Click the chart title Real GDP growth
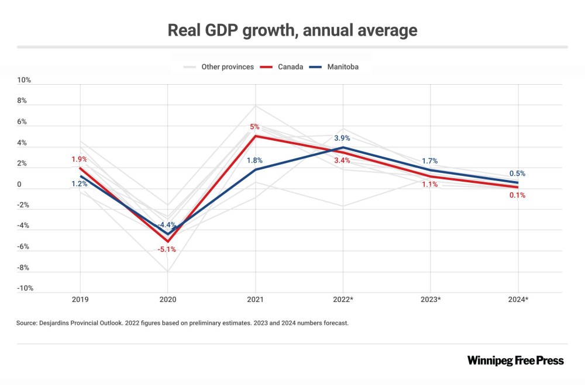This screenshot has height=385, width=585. [x=292, y=30]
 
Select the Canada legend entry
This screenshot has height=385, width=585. [x=290, y=67]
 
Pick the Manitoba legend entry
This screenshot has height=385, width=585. [x=342, y=67]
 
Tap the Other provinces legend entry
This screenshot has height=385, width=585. [x=227, y=67]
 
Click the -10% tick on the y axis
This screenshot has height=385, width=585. [x=25, y=288]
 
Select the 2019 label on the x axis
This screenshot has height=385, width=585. [x=81, y=300]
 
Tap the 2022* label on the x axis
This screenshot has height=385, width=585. [x=343, y=300]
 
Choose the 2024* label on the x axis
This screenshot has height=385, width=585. [x=518, y=300]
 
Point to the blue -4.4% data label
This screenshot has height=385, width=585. [x=168, y=225]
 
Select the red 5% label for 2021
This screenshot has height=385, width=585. [x=256, y=127]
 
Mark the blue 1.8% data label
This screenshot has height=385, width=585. [x=254, y=160]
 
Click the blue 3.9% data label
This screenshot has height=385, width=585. [x=342, y=138]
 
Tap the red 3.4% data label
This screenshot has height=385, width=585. [x=342, y=160]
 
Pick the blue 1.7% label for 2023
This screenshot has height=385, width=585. [x=429, y=161]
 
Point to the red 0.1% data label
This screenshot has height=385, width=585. [x=517, y=195]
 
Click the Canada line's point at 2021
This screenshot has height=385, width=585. [x=256, y=136]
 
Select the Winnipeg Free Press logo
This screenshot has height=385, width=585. [x=515, y=360]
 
